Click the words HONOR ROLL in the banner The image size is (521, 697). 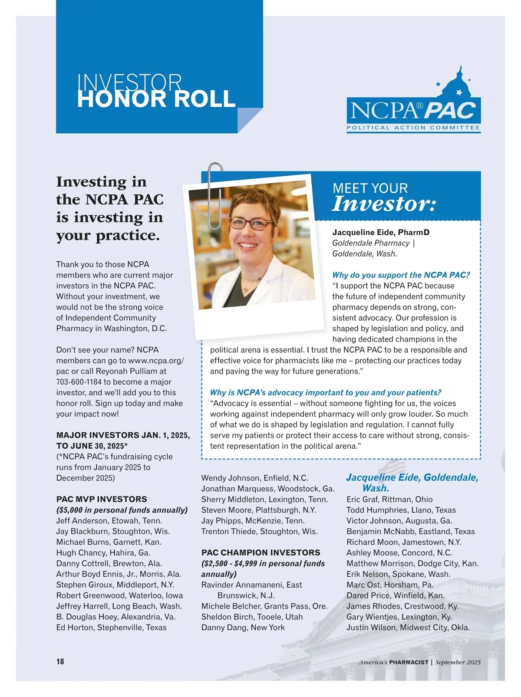[156, 99]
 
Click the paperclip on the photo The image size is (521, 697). [215, 195]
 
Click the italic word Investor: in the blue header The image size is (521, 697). [384, 204]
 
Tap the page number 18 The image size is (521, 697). [60, 661]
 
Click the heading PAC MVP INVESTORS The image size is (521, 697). [102, 499]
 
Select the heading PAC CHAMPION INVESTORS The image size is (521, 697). [260, 552]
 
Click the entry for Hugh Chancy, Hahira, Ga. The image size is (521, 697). [103, 552]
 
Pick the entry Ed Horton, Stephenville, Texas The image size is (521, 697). [111, 627]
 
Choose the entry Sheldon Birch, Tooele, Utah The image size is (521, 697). [252, 617]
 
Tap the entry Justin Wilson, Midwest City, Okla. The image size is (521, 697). [408, 627]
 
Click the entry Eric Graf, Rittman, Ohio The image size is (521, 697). [389, 499]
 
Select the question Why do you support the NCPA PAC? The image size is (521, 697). [401, 275]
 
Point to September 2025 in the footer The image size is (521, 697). [458, 662]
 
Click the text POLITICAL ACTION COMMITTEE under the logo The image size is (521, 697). [413, 128]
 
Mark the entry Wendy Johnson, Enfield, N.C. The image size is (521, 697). [254, 478]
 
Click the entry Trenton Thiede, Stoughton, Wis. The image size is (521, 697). [259, 531]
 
